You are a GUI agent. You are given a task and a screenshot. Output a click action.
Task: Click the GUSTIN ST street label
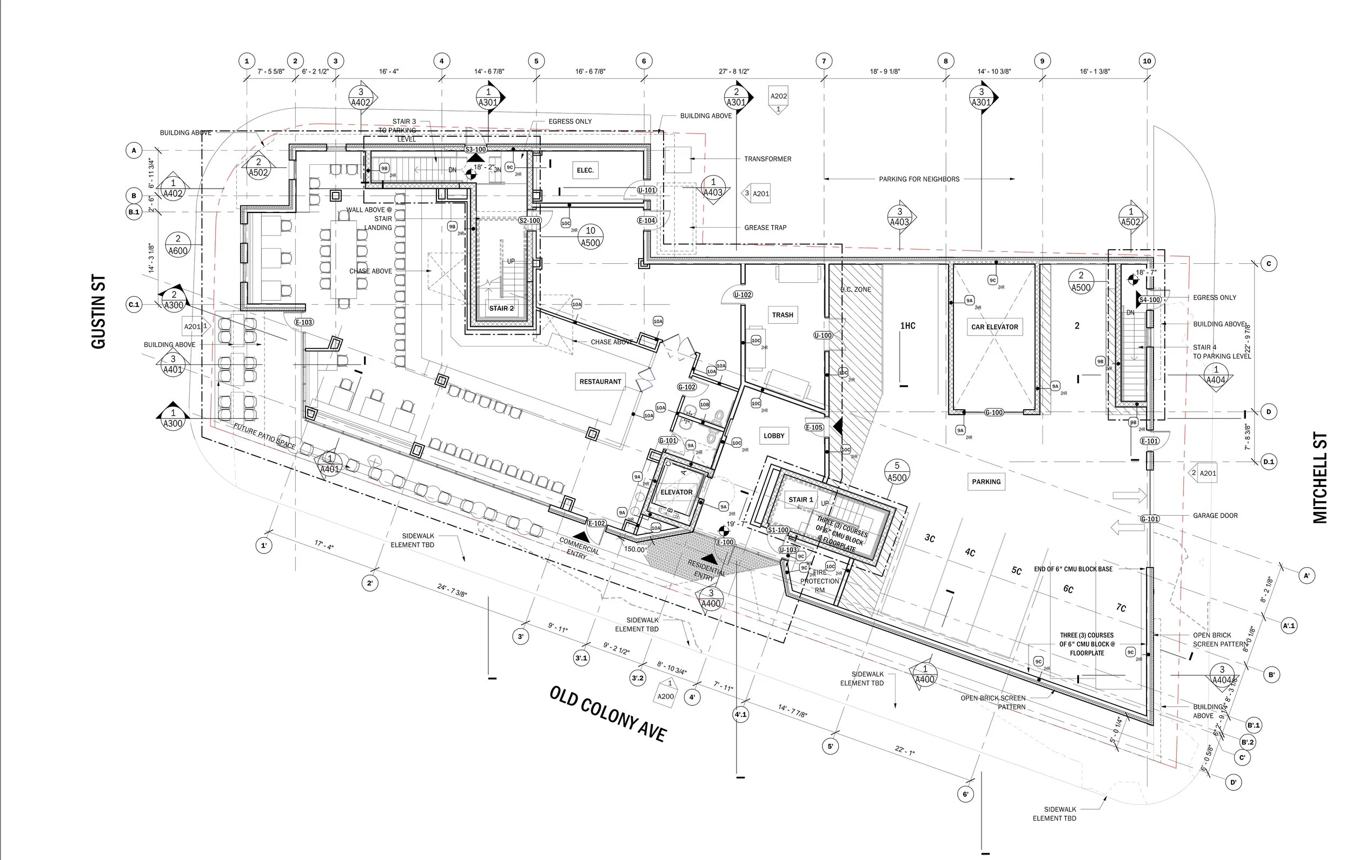pos(98,311)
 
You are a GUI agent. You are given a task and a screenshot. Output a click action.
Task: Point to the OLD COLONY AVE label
pos(607,714)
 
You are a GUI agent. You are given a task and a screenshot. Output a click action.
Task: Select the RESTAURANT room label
pos(600,382)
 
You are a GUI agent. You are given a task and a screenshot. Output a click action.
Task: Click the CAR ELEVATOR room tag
pos(995,326)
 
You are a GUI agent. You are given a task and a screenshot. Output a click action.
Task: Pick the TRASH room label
pos(782,315)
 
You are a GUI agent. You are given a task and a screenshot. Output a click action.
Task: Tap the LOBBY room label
pos(774,436)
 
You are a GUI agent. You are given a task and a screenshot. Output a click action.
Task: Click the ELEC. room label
pos(585,170)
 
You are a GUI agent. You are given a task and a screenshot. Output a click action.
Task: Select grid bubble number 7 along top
pos(824,61)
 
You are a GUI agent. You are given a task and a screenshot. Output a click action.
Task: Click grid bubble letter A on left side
pos(134,150)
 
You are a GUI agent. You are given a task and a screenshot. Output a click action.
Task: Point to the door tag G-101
pos(667,441)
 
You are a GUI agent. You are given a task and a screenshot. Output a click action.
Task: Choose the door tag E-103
pos(304,322)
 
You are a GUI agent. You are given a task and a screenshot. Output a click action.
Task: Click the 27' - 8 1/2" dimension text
pos(734,72)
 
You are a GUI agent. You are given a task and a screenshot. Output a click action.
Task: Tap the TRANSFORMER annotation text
pos(767,159)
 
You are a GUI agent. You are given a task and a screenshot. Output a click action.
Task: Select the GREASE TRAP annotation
pos(765,228)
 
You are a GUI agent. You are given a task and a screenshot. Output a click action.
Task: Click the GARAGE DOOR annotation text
pos(1215,515)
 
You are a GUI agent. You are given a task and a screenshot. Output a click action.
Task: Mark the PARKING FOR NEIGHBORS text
pos(919,179)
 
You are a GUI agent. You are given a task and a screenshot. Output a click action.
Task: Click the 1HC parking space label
pos(907,325)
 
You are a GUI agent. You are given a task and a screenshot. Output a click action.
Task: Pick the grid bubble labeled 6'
pos(965,794)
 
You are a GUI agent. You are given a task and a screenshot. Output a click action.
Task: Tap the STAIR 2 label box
pos(501,308)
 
